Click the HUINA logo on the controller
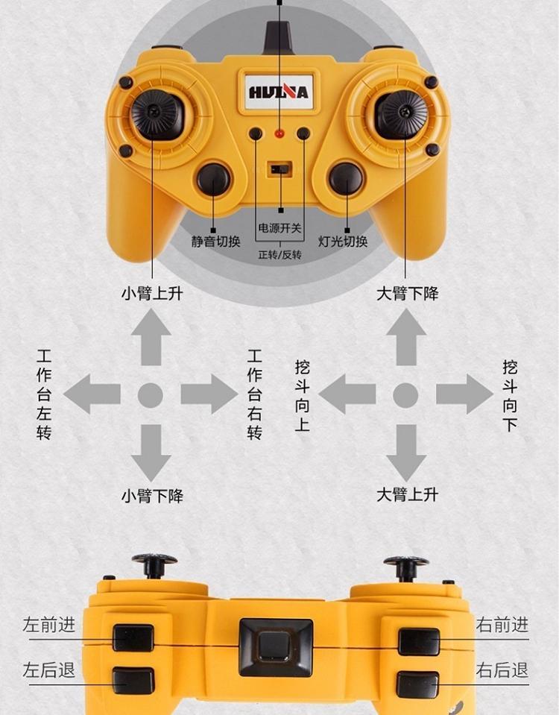[x=279, y=92]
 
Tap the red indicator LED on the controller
[x=279, y=134]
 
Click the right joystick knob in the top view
[x=402, y=112]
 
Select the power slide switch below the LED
[x=279, y=169]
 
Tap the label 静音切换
[x=215, y=242]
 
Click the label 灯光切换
[x=342, y=242]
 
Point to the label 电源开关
[x=280, y=227]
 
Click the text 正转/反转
[x=280, y=254]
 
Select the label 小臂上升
[x=152, y=293]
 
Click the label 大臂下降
[x=407, y=293]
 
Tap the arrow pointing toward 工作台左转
[x=92, y=394]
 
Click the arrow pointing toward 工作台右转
[x=209, y=394]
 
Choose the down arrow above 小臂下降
[x=151, y=453]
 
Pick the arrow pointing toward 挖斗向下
[x=464, y=394]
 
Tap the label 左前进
[x=48, y=625]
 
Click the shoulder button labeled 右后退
[x=417, y=684]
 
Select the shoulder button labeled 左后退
[x=133, y=681]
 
